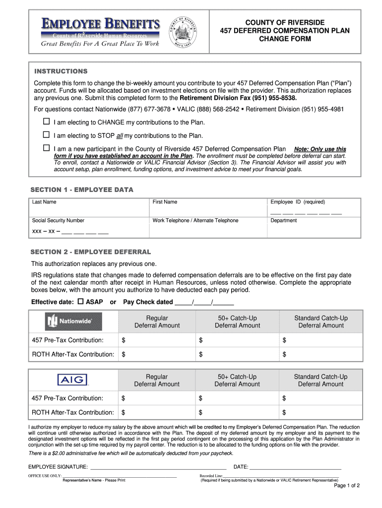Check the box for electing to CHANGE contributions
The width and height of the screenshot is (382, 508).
click(x=46, y=122)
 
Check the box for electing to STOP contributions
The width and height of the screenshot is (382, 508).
click(x=46, y=135)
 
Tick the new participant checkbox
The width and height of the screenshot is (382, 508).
click(x=46, y=148)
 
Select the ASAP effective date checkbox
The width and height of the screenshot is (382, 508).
click(x=80, y=302)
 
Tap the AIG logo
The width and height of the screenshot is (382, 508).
click(x=73, y=380)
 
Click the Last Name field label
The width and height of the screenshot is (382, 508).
click(x=44, y=202)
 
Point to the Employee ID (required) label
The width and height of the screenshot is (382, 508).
click(x=297, y=202)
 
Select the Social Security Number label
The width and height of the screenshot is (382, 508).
click(x=58, y=220)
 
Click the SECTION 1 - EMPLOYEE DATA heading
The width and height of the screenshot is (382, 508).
click(x=82, y=190)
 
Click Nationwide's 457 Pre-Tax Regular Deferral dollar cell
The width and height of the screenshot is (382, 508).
click(x=156, y=340)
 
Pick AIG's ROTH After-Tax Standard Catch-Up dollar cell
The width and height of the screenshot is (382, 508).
click(x=320, y=412)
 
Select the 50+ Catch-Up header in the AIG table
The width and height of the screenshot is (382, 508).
click(x=237, y=380)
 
